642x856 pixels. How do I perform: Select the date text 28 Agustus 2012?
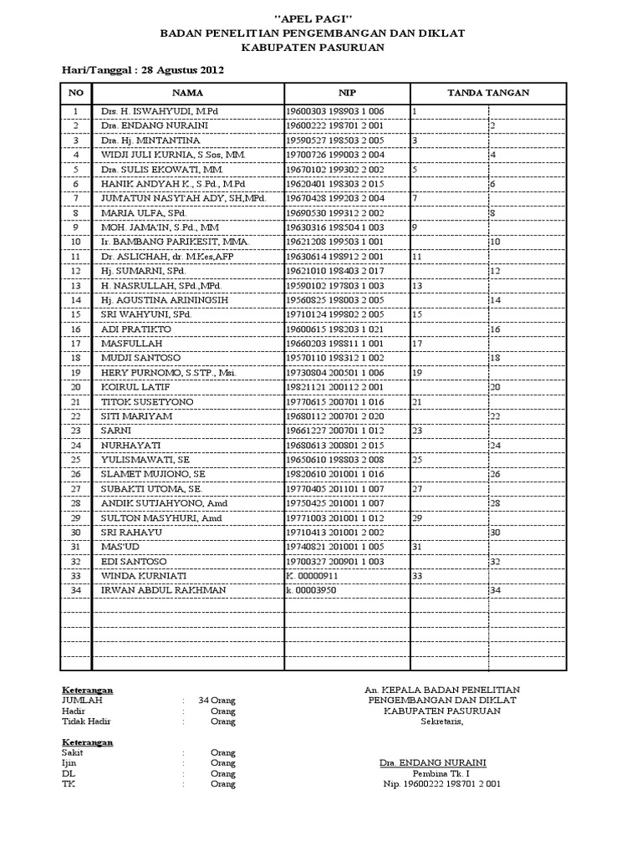point(183,70)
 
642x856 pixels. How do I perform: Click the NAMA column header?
point(187,93)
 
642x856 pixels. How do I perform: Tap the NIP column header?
point(347,93)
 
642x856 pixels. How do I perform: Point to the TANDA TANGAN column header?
point(488,93)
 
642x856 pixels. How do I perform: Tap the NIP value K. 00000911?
point(312,576)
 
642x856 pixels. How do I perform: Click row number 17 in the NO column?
point(76,343)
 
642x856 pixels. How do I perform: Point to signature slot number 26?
point(495,474)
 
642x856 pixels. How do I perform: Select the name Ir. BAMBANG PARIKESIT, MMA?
point(164,242)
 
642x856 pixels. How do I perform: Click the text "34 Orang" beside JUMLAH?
point(217,700)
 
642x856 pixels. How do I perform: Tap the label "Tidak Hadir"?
point(86,721)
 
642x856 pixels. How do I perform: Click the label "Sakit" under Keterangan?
point(74,752)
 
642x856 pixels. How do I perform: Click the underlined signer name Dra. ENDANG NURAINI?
point(432,763)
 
